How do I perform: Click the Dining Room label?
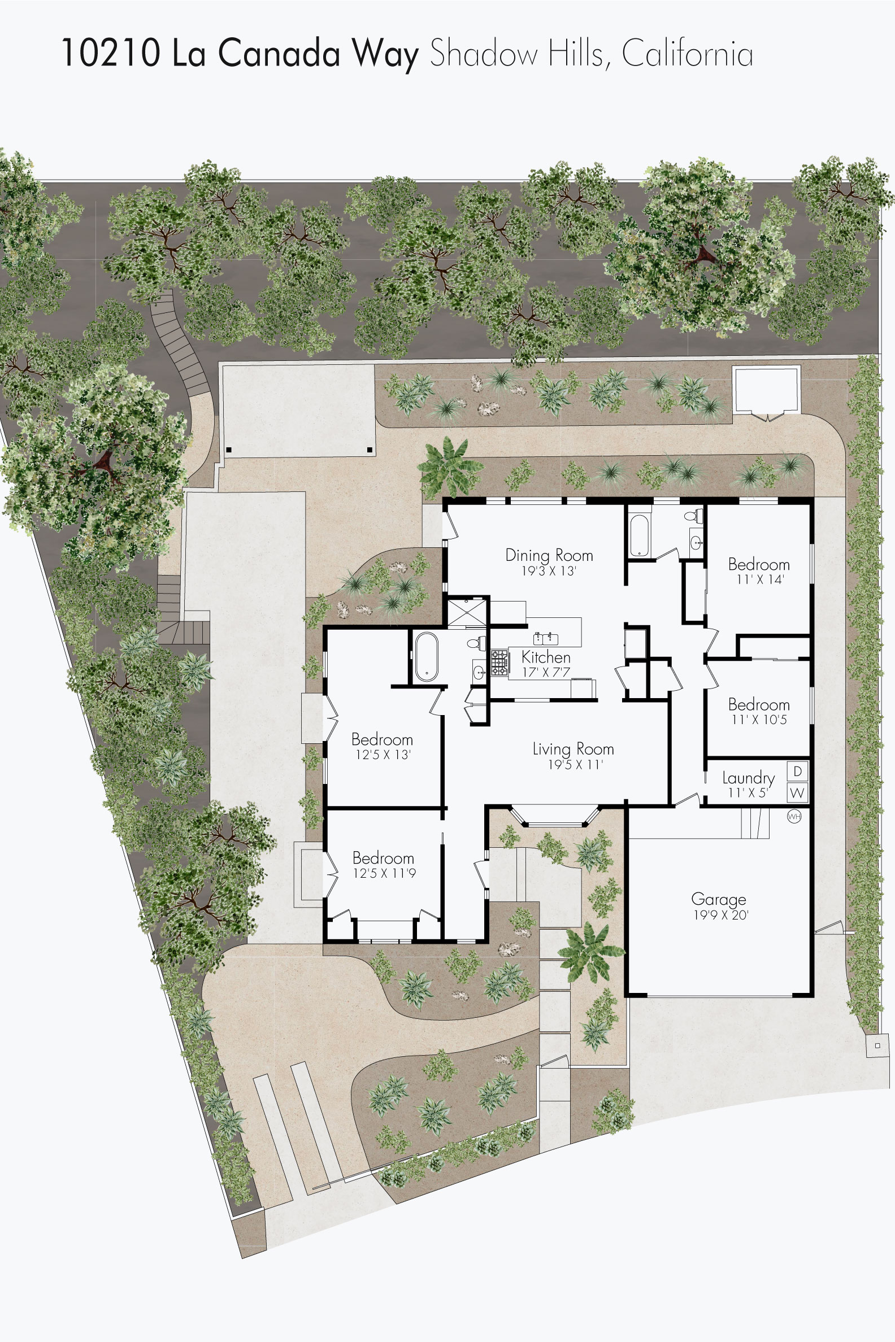pos(549,555)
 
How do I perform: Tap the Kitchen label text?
pos(546,657)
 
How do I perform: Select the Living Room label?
pos(573,748)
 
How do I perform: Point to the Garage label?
pos(719,899)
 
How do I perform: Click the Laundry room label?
pos(748,778)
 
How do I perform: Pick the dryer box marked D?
pos(798,772)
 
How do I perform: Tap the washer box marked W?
pos(798,792)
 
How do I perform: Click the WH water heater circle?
pos(794,817)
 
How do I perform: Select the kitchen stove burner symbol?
pos(499,663)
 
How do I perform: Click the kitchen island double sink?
pos(546,638)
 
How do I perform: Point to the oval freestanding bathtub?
pos(426,657)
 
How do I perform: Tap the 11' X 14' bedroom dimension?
pos(760,579)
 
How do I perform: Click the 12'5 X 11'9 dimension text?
pos(384,874)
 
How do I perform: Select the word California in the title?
pos(687,54)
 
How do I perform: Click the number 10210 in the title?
pos(111,53)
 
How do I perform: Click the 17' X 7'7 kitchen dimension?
pos(546,673)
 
